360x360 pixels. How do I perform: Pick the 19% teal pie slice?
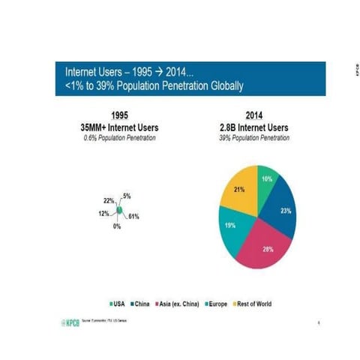(x=231, y=226)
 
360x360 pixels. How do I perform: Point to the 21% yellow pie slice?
(x=240, y=191)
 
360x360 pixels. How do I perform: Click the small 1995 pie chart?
(x=118, y=208)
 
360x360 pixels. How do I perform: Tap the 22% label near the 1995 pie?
(x=109, y=201)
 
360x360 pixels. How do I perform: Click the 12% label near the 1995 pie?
(x=103, y=213)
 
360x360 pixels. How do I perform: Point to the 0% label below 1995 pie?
(x=117, y=226)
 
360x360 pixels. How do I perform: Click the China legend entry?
(x=141, y=304)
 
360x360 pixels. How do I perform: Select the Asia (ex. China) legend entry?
(x=178, y=304)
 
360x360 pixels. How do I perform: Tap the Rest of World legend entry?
(x=254, y=304)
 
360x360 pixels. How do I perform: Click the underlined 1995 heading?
(x=118, y=115)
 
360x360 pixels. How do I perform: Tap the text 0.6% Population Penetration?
(x=118, y=137)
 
